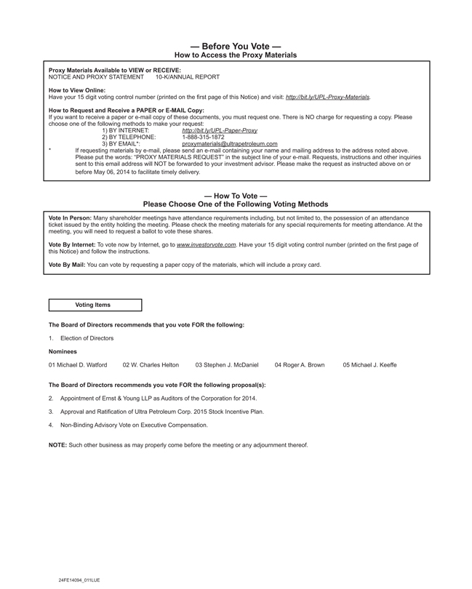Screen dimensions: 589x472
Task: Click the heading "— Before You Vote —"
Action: tap(236, 45)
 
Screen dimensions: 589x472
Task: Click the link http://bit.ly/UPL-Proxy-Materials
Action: tap(328, 97)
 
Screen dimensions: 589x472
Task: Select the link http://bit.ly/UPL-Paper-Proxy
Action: tap(220, 130)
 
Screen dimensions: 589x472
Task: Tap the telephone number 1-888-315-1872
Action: tap(203, 137)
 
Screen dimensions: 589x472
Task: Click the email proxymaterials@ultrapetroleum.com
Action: tap(230, 144)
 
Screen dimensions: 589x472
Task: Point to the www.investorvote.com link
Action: tap(207, 245)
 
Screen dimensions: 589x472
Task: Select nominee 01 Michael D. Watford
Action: tap(78, 365)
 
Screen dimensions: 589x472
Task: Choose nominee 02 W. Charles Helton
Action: tap(151, 365)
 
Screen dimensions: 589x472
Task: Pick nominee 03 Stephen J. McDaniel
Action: tap(227, 365)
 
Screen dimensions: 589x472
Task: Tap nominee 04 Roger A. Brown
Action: tap(300, 365)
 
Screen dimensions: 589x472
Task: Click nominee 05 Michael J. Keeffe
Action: tap(369, 365)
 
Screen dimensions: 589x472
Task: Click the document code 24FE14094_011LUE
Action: tap(79, 580)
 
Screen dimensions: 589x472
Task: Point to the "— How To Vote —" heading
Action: tap(236, 196)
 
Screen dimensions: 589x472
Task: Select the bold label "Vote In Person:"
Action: tap(70, 217)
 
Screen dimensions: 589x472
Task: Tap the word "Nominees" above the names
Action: tap(63, 351)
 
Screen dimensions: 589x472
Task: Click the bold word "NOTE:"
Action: tap(57, 445)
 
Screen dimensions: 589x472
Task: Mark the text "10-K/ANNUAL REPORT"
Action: tap(188, 76)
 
